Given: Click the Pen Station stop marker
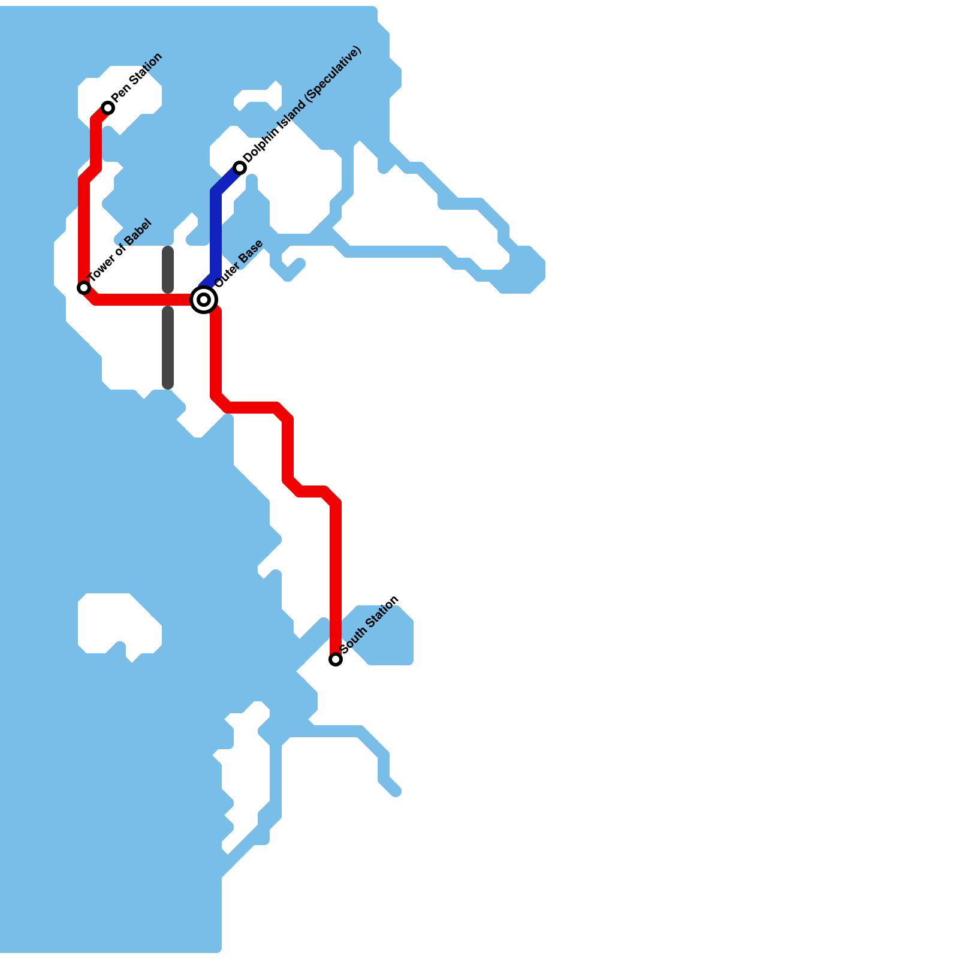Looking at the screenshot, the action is tap(108, 108).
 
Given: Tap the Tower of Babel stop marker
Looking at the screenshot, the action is tap(84, 288).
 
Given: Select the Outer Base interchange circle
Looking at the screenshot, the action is tap(204, 300).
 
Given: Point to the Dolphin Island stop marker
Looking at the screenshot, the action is tap(240, 168).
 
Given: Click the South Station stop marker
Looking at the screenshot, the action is tap(336, 659).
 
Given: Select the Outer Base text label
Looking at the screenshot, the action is tap(239, 264).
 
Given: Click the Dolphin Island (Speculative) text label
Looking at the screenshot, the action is tap(303, 104).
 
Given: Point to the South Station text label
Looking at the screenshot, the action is tap(369, 625).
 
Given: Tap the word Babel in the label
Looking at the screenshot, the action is tap(137, 234).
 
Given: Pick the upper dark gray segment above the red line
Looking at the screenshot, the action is tap(168, 270).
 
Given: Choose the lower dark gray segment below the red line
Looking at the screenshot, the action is tap(168, 348).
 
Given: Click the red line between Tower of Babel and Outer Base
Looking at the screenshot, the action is tap(144, 300).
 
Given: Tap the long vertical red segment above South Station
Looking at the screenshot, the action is tap(336, 581).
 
